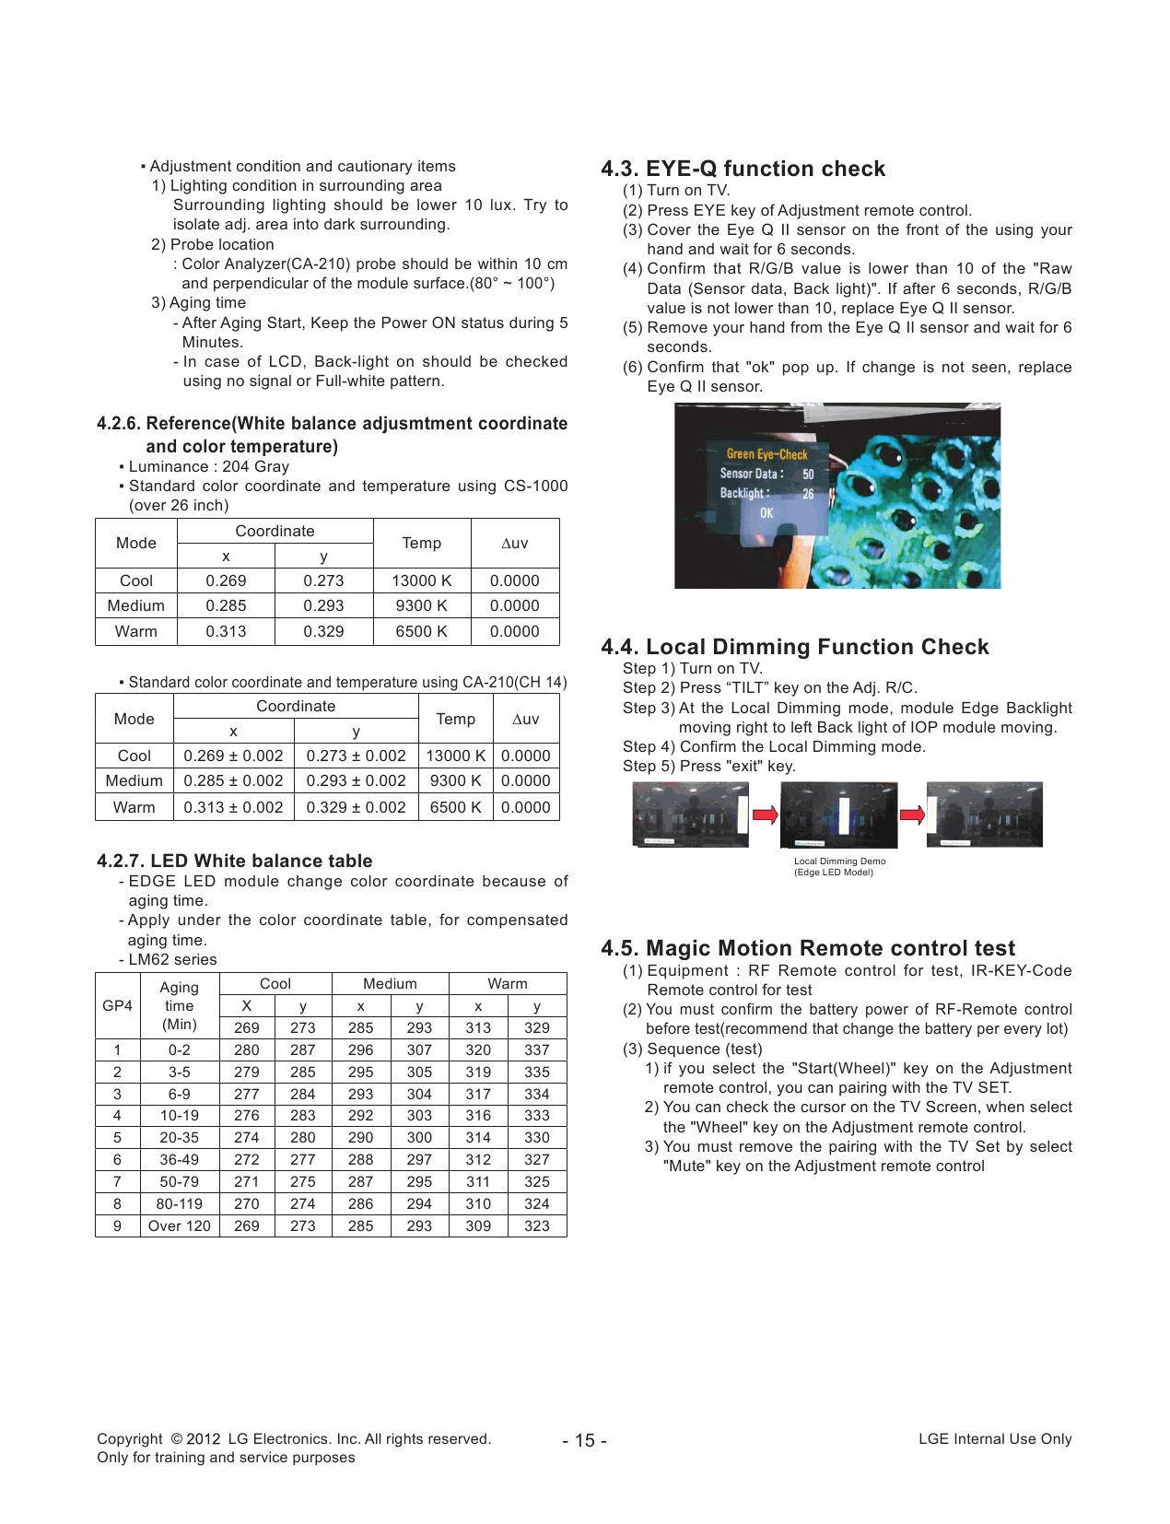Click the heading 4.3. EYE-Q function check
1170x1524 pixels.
click(743, 169)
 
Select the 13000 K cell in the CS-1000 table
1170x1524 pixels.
click(421, 580)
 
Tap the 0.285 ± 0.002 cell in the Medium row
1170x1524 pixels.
click(233, 780)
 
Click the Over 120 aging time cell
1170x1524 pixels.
click(179, 1225)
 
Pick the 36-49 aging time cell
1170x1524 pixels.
click(179, 1159)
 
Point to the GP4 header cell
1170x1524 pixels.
click(117, 1005)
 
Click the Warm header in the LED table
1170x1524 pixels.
click(507, 983)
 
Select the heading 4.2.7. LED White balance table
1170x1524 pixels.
click(234, 861)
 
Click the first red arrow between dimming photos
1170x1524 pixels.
click(765, 815)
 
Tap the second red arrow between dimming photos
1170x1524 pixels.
click(912, 815)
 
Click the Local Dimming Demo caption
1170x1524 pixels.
click(838, 866)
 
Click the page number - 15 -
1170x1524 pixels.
click(584, 1440)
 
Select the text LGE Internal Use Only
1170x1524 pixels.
click(994, 1438)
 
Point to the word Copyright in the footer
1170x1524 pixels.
click(130, 1438)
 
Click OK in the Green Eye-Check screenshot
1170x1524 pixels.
click(766, 513)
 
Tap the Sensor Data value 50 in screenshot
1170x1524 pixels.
click(808, 474)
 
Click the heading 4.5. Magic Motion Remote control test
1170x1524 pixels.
click(807, 948)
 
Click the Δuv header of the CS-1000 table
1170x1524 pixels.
click(514, 543)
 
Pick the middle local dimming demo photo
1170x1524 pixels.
click(837, 815)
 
